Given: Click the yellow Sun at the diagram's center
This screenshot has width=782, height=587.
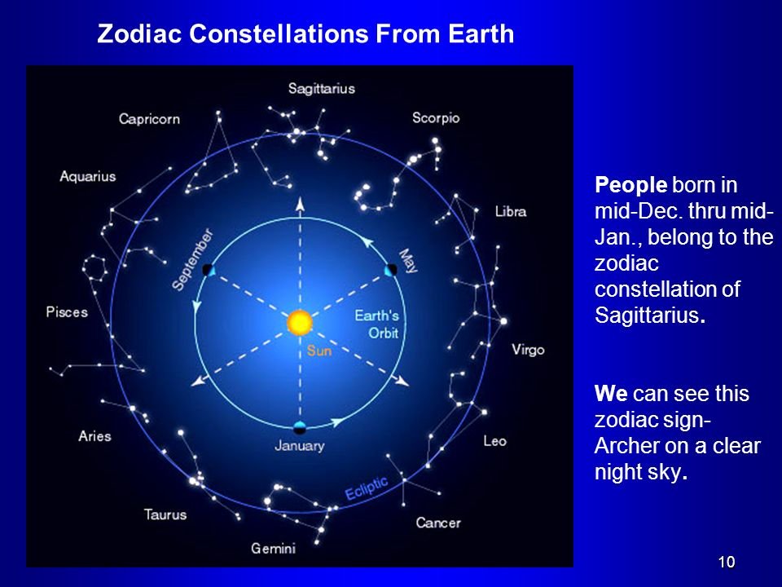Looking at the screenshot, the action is [x=300, y=322].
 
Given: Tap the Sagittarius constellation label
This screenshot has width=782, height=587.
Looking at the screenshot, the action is [x=322, y=89].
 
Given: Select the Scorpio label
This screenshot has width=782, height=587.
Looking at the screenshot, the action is [x=436, y=118].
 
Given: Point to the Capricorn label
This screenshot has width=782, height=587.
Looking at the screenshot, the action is [x=149, y=119].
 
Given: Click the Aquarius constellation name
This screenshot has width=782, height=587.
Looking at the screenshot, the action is [x=88, y=177].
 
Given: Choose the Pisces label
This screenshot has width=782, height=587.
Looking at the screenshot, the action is [x=67, y=312].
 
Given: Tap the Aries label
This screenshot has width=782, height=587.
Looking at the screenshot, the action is [x=94, y=436].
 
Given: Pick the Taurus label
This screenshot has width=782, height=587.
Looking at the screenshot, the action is [x=165, y=514].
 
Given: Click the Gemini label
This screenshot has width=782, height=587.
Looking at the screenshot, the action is [x=274, y=549].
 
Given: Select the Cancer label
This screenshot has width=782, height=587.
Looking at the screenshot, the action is [x=438, y=523].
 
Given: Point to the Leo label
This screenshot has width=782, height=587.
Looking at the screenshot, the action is [x=494, y=441].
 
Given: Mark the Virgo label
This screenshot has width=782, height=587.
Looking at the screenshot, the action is [x=528, y=350].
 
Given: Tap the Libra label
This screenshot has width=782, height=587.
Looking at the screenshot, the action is [x=511, y=212].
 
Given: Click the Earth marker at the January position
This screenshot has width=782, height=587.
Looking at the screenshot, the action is [x=300, y=428].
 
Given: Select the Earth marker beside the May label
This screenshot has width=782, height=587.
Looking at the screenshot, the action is [x=391, y=270].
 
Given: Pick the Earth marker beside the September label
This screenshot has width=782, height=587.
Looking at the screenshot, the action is [x=209, y=270].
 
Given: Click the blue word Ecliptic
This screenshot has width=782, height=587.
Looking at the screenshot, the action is [x=367, y=488].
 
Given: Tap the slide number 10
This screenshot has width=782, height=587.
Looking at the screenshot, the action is [x=727, y=562].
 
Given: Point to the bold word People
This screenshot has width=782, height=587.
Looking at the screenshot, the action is [x=630, y=185].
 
